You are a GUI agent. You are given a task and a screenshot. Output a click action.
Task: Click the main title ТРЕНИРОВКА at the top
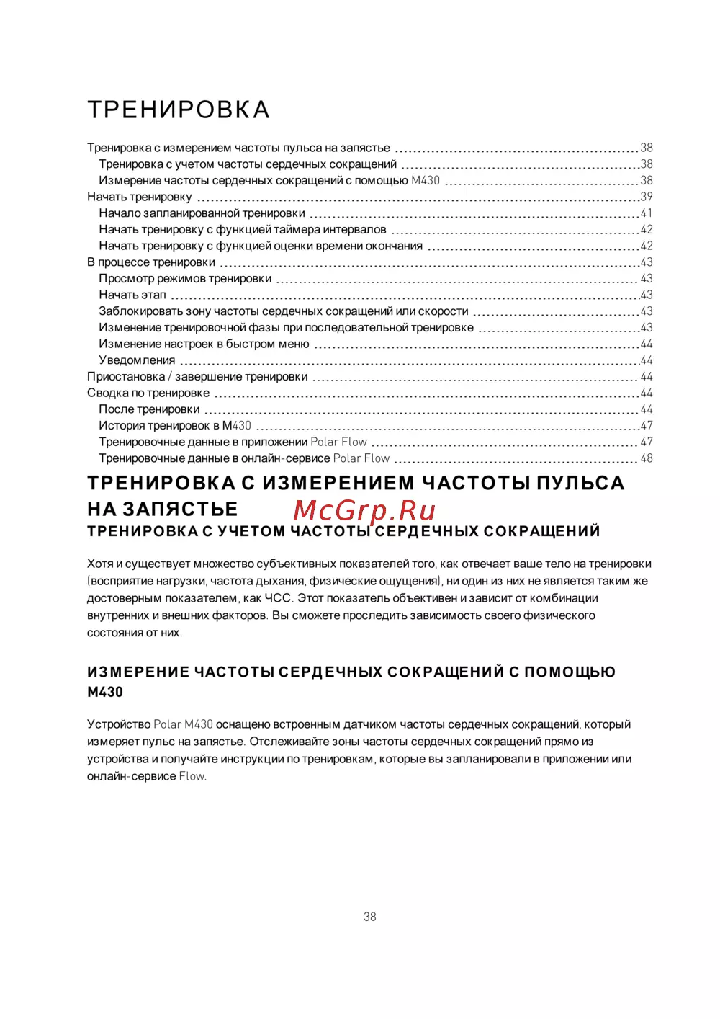tap(179, 110)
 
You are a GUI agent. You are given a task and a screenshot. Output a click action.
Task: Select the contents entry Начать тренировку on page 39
tap(140, 197)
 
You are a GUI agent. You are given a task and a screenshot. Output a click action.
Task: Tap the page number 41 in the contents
tap(647, 213)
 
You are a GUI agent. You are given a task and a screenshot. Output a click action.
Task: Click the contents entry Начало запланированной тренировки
tap(202, 213)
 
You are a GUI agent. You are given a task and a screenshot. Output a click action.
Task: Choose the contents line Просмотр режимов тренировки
tap(185, 279)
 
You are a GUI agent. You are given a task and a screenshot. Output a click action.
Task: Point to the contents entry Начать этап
tap(132, 295)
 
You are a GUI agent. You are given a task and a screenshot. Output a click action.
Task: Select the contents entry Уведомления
tap(137, 360)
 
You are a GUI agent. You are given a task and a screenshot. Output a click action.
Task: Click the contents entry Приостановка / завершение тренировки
tap(197, 377)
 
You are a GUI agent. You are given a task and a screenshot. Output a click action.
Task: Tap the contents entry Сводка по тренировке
tap(148, 393)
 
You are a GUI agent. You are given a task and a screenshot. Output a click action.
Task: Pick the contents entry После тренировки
tap(149, 409)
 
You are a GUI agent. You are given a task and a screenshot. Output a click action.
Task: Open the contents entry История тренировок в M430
tap(175, 426)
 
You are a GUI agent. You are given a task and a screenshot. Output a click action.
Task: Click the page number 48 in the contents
tap(647, 458)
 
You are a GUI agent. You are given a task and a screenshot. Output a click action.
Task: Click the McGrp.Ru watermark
tap(364, 510)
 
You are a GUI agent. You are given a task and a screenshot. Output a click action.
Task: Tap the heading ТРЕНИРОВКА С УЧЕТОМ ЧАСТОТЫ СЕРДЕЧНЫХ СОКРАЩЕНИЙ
tap(343, 532)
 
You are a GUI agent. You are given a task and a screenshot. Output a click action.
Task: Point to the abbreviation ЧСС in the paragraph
tap(278, 598)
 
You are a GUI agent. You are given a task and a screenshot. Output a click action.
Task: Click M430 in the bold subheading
tap(105, 692)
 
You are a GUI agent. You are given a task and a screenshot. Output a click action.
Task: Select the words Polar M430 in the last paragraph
tap(183, 724)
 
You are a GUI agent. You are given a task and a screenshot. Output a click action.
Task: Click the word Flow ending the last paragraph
tap(192, 776)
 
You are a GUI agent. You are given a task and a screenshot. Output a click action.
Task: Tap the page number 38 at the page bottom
tap(370, 917)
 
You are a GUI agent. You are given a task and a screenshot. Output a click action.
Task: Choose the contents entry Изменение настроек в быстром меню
tap(204, 344)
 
